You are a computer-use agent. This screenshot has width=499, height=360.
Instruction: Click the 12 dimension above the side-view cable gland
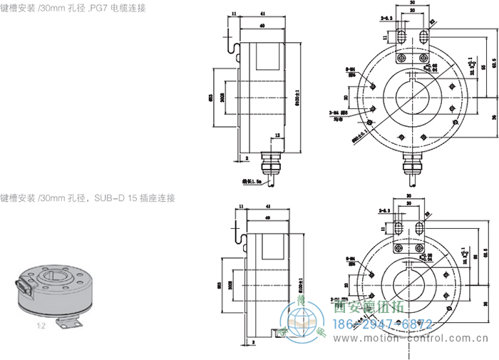276,135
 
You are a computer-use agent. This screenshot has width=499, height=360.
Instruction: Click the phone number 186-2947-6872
384,324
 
